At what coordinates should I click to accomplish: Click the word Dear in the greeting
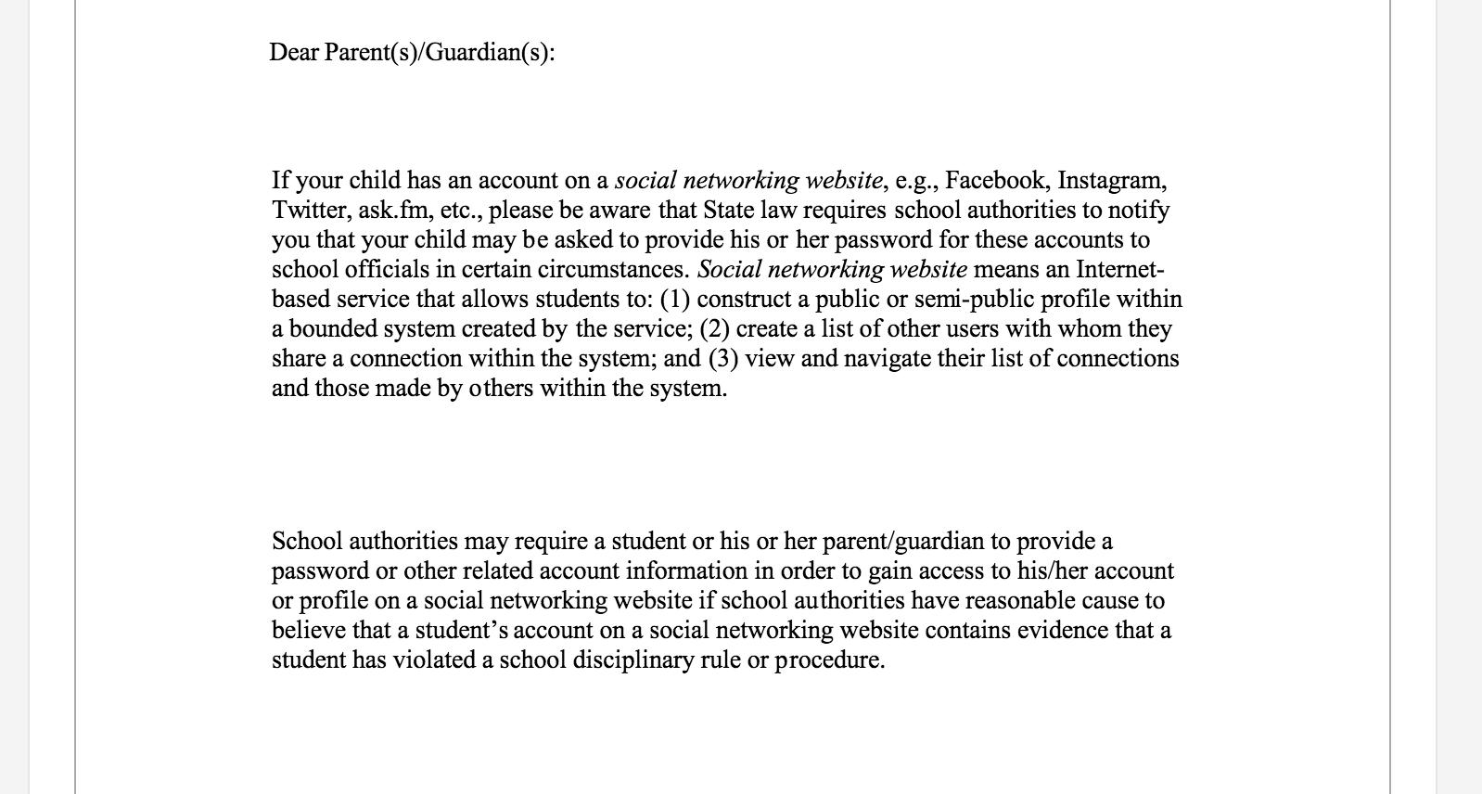(294, 53)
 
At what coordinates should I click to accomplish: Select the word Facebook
(997, 180)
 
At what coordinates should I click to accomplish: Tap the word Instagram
(1111, 180)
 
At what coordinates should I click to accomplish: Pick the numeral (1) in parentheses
(675, 299)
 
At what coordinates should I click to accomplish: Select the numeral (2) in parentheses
(715, 328)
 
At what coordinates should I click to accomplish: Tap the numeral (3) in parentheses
(723, 358)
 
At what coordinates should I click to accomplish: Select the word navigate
(887, 358)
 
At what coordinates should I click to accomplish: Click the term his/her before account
(1053, 570)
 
